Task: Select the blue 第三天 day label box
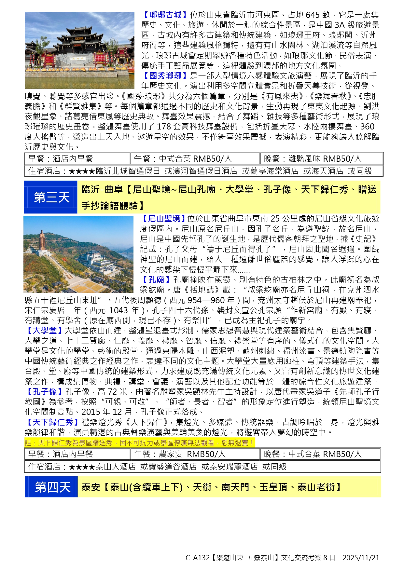coord(51,197)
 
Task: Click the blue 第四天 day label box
coord(51,487)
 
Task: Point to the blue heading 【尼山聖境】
coord(163,219)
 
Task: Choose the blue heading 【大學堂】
coord(45,331)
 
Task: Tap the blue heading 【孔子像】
coord(45,392)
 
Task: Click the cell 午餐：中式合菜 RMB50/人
coord(195,159)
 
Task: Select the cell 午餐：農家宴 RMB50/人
coord(195,454)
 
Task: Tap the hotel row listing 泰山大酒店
coord(202,467)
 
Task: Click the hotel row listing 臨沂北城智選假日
coord(203,171)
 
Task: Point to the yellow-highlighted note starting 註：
coord(139,443)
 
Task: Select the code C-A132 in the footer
coord(198,558)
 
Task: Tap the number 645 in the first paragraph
coord(313,15)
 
